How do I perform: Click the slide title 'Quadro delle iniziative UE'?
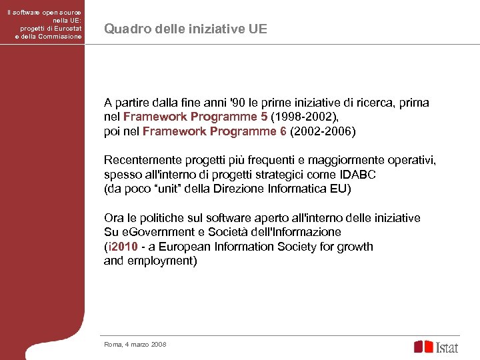click(x=186, y=29)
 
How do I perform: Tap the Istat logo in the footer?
click(x=436, y=347)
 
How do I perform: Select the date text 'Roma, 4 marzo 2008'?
click(x=135, y=344)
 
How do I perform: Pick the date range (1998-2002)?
click(x=299, y=117)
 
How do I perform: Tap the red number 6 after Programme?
click(x=283, y=131)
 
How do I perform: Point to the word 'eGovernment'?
click(x=153, y=232)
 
